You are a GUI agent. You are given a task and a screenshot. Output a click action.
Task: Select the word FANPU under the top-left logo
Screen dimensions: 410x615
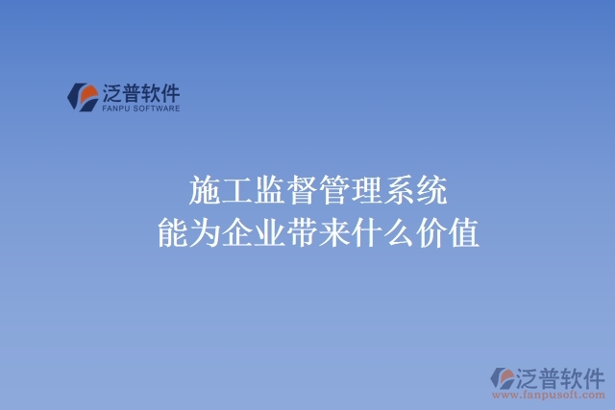[113, 109]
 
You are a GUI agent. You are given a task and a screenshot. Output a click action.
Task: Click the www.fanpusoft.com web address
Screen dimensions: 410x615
[547, 395]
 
